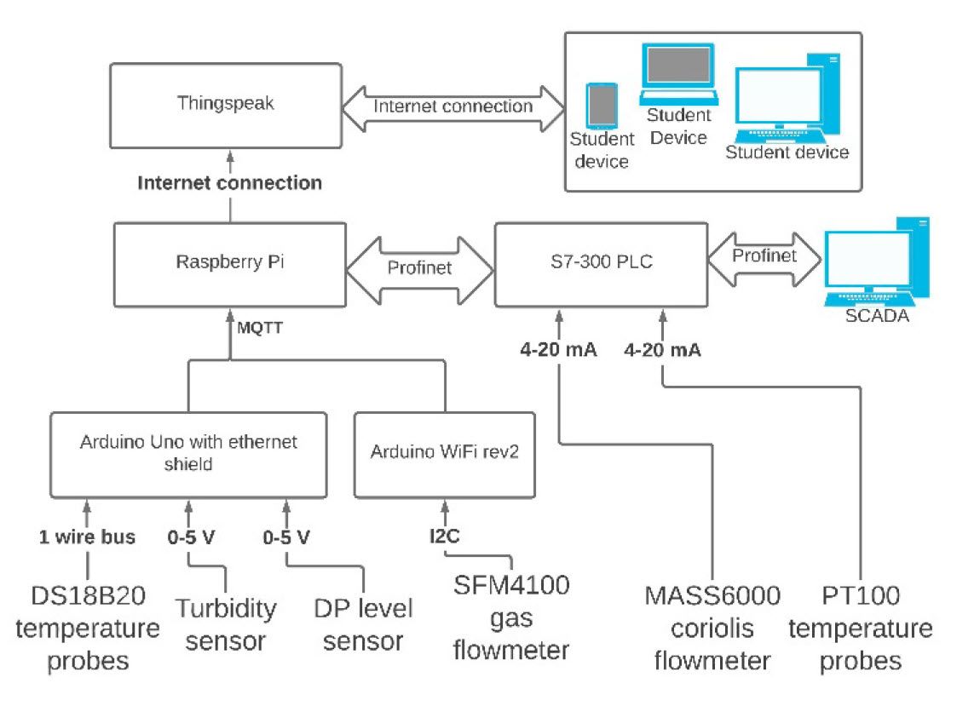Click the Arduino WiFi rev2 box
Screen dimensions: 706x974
(444, 454)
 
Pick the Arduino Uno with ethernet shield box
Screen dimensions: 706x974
(188, 454)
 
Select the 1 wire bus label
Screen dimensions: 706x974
(88, 537)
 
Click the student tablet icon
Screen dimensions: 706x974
(602, 105)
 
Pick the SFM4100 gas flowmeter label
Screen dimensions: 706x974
(511, 617)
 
